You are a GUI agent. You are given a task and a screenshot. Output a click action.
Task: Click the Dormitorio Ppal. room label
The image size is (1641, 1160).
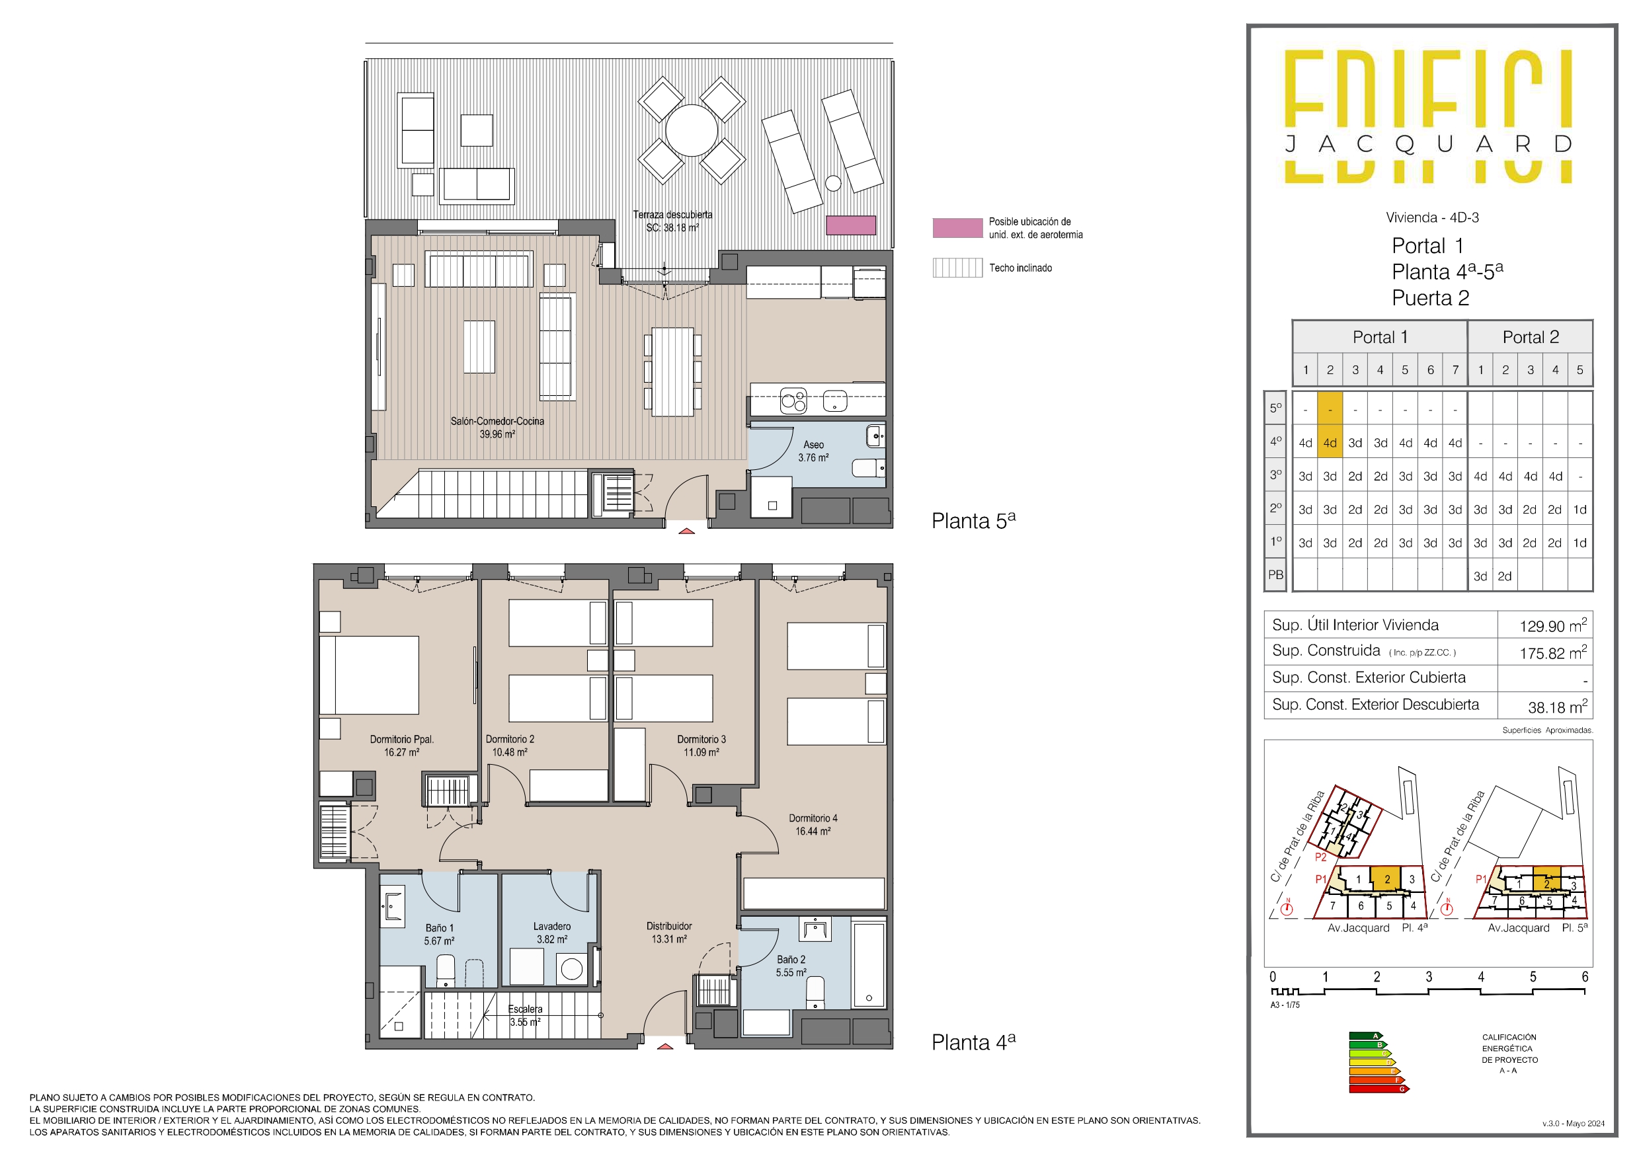click(x=402, y=746)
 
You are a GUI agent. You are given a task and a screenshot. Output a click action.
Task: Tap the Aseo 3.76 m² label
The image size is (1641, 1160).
click(x=813, y=451)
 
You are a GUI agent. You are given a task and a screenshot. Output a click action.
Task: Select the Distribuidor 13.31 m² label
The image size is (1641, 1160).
click(x=669, y=932)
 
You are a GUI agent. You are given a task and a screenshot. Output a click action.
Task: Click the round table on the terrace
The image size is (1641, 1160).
click(x=691, y=130)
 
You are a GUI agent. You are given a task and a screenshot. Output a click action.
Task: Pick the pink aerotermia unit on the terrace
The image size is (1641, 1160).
click(x=850, y=225)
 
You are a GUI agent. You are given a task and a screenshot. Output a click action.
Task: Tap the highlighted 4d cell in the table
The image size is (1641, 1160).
click(x=1330, y=443)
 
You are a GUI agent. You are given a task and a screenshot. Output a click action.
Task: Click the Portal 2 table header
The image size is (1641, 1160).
click(x=1530, y=337)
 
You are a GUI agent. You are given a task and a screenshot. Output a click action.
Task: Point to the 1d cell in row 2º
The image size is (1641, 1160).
click(x=1580, y=510)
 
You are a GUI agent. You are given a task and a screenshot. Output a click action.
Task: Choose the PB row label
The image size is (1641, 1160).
click(x=1275, y=574)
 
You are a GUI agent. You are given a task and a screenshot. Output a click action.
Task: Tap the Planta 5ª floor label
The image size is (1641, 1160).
click(x=973, y=520)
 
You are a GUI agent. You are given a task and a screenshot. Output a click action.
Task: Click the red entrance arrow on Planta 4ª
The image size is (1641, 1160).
click(x=664, y=1046)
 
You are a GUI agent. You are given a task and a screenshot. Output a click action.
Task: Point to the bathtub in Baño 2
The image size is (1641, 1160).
click(x=868, y=965)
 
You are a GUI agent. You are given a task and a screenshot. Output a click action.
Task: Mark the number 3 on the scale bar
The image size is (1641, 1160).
click(x=1428, y=977)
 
